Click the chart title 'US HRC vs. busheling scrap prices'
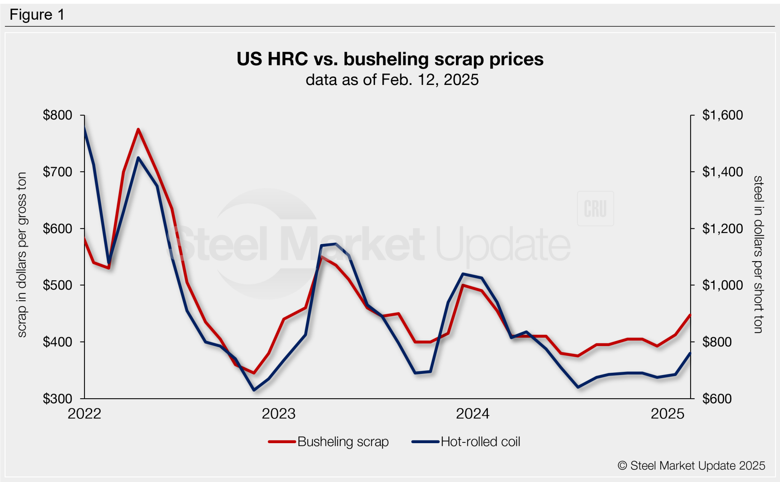coord(390,59)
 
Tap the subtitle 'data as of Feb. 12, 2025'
coord(392,80)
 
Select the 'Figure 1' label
coord(37,15)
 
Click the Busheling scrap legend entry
coord(329,442)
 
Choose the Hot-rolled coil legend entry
coord(466,442)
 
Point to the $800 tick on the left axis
coord(58,115)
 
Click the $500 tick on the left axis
coord(58,285)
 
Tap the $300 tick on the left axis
coord(58,399)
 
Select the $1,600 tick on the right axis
coord(722,115)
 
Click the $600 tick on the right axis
coord(717,399)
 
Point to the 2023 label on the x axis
coord(278,414)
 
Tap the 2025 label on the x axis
coord(667,414)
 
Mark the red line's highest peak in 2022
coord(138,129)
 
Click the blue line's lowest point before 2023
coord(254,390)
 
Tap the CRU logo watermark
coord(595,209)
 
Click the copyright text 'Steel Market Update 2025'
coord(691,466)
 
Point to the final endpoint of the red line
coord(690,315)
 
